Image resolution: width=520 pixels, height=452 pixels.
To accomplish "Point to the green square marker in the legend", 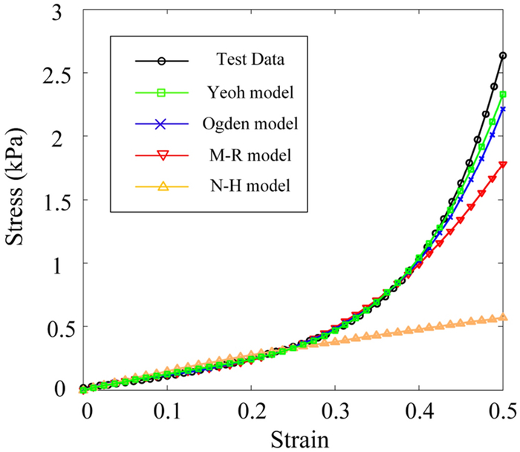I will pyautogui.click(x=163, y=92).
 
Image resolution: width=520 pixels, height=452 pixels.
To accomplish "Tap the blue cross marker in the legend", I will pyautogui.click(x=163, y=123).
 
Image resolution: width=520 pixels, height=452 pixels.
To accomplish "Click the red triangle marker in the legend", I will pyautogui.click(x=163, y=155).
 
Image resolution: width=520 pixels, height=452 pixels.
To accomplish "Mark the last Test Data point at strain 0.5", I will pyautogui.click(x=503, y=56).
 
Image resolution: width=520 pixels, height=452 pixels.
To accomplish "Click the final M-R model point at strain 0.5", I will pyautogui.click(x=503, y=165).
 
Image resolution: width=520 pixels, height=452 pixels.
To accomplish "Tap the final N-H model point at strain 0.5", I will pyautogui.click(x=503, y=317).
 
